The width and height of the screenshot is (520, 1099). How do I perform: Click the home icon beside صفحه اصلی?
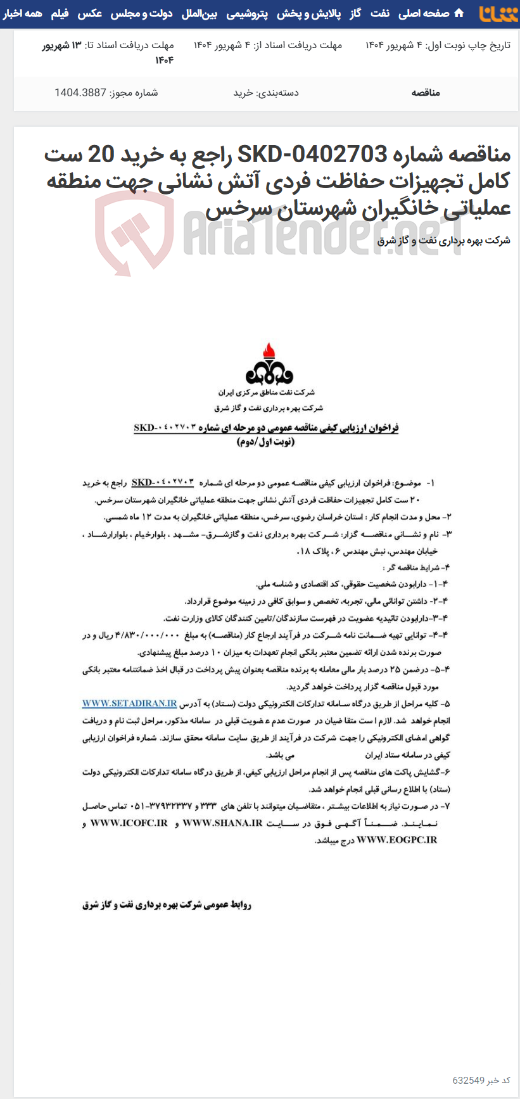pyautogui.click(x=459, y=13)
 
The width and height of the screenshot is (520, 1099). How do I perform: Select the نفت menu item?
pyautogui.click(x=380, y=13)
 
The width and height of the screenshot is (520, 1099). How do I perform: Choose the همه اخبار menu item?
pyautogui.click(x=22, y=13)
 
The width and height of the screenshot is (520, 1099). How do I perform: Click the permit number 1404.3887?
pyautogui.click(x=80, y=92)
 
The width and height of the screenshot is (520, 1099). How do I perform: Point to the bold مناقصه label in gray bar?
pyautogui.click(x=426, y=92)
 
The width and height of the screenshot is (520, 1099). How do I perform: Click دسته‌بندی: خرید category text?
pyautogui.click(x=266, y=92)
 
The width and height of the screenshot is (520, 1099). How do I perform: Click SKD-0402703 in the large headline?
pyautogui.click(x=312, y=154)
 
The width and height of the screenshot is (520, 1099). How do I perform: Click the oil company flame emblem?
pyautogui.click(x=269, y=364)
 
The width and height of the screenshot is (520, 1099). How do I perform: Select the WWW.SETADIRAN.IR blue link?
pyautogui.click(x=129, y=703)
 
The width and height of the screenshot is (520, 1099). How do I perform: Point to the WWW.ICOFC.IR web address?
pyautogui.click(x=129, y=823)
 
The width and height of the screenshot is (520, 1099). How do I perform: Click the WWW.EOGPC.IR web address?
pyautogui.click(x=397, y=840)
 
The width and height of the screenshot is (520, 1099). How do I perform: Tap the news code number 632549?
pyautogui.click(x=469, y=1080)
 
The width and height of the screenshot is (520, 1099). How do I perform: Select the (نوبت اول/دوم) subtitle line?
pyautogui.click(x=266, y=442)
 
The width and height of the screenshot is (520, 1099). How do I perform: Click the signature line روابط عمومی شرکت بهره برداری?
pyautogui.click(x=167, y=905)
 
